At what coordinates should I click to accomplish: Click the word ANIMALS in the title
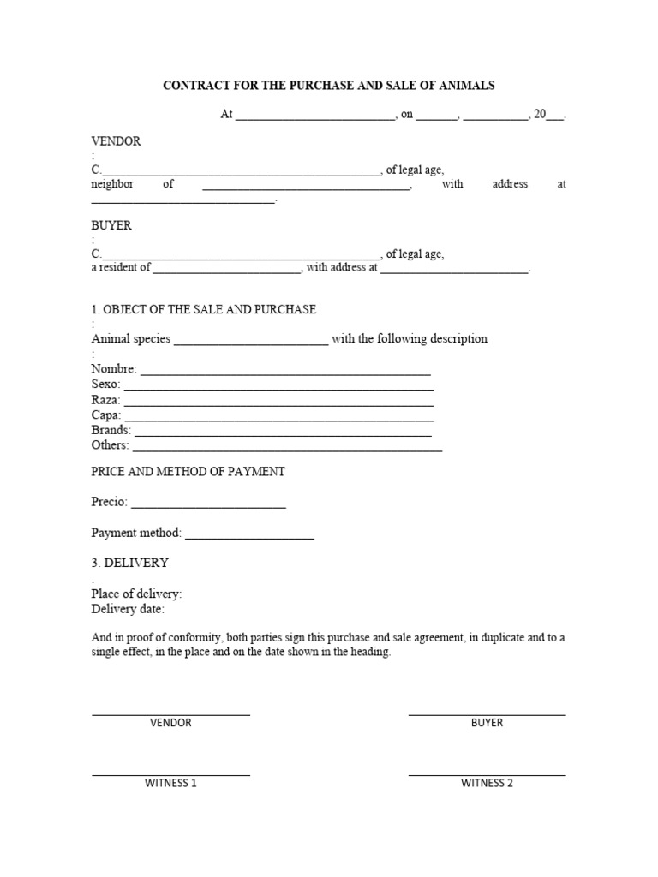tap(466, 86)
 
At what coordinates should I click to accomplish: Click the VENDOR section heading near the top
tap(116, 140)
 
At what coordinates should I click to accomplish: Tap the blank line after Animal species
tap(250, 342)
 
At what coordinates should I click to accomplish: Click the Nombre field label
tap(113, 369)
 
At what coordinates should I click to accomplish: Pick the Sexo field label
tap(106, 385)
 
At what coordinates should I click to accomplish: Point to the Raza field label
tap(106, 400)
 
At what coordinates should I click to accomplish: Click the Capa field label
tap(106, 415)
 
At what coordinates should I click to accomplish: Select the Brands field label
tap(111, 430)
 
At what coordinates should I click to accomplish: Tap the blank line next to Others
tap(288, 449)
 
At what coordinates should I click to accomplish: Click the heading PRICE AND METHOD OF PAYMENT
tap(188, 472)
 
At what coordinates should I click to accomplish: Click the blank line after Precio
tap(208, 507)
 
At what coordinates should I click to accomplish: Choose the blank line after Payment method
tap(249, 538)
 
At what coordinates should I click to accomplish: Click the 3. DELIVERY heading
tap(129, 563)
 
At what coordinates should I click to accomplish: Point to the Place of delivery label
tap(136, 594)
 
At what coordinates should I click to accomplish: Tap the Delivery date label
tap(128, 609)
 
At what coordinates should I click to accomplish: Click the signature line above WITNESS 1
tap(170, 775)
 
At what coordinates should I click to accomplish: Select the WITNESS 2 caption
tap(487, 783)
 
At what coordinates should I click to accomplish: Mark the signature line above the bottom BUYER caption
tap(487, 714)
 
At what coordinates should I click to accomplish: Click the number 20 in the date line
tap(540, 114)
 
